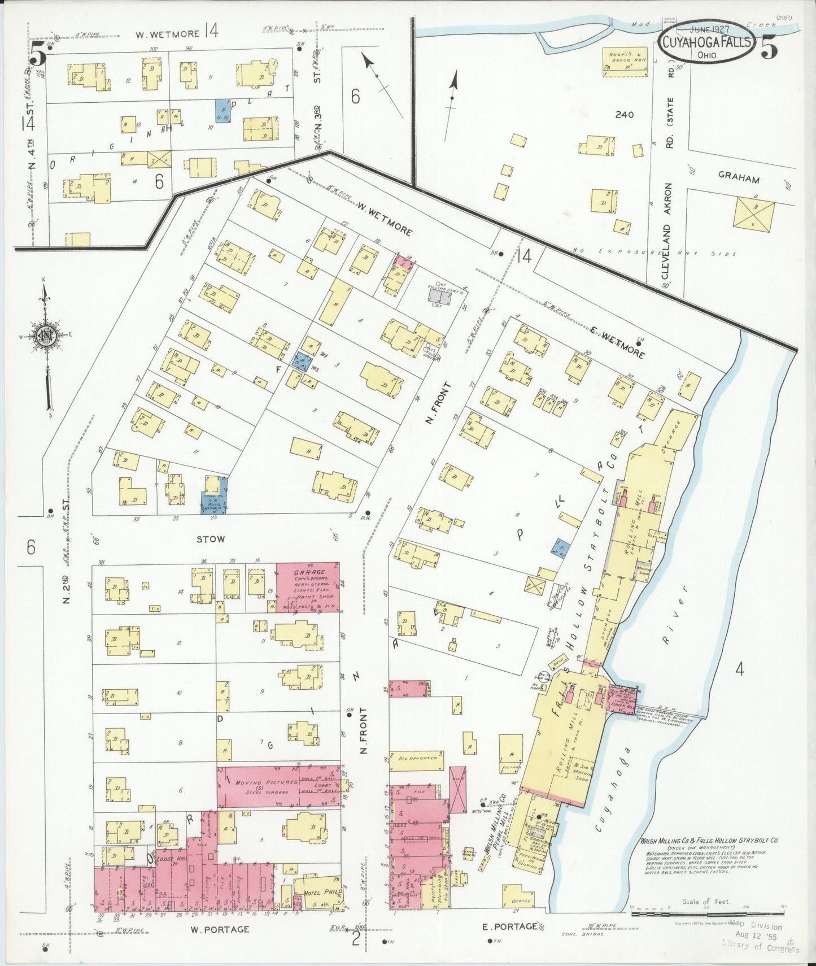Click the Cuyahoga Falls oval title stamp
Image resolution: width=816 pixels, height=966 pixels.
pos(707,43)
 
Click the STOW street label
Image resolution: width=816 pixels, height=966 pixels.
pos(210,539)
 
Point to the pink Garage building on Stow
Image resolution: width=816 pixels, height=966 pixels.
pos(308,587)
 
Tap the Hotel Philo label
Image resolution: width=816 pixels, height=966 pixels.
pos(317,893)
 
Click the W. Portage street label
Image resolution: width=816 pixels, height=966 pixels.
pos(219,929)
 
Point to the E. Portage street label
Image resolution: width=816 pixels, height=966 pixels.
pos(509,926)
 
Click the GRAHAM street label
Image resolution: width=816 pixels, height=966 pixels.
pos(738,179)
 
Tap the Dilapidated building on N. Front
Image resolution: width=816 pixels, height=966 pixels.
pos(417,758)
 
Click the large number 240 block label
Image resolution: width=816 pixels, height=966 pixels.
pos(625,115)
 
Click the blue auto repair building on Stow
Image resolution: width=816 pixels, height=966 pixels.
pos(215,495)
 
